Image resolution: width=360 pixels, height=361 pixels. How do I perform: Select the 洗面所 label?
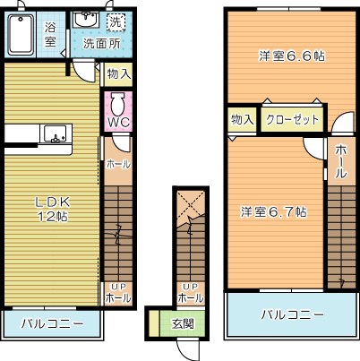[100, 43]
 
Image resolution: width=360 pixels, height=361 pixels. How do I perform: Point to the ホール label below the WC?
[117, 164]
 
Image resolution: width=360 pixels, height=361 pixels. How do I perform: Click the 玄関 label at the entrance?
[183, 322]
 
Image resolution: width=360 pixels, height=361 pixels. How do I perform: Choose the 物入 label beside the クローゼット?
[241, 118]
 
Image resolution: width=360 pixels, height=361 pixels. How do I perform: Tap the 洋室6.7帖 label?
[274, 212]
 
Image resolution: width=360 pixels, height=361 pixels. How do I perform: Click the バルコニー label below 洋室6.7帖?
[293, 315]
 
